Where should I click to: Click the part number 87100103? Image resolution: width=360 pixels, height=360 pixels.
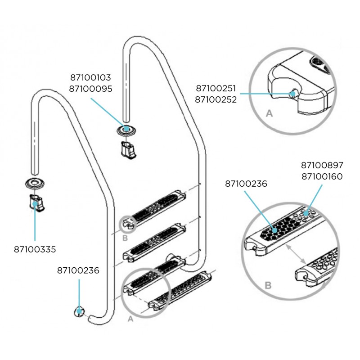click(90, 78)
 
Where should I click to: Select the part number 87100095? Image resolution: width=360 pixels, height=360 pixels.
click(90, 89)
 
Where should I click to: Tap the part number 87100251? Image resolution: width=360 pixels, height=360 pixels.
click(216, 89)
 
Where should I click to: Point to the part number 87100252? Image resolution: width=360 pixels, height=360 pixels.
click(216, 99)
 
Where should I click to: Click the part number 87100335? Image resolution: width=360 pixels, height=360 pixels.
click(35, 248)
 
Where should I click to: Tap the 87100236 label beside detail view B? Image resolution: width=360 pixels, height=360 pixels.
click(246, 184)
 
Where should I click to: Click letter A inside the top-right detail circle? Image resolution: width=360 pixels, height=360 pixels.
click(270, 114)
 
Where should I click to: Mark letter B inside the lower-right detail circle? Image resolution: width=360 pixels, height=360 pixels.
click(268, 285)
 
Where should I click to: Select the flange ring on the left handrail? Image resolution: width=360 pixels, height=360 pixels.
click(34, 183)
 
